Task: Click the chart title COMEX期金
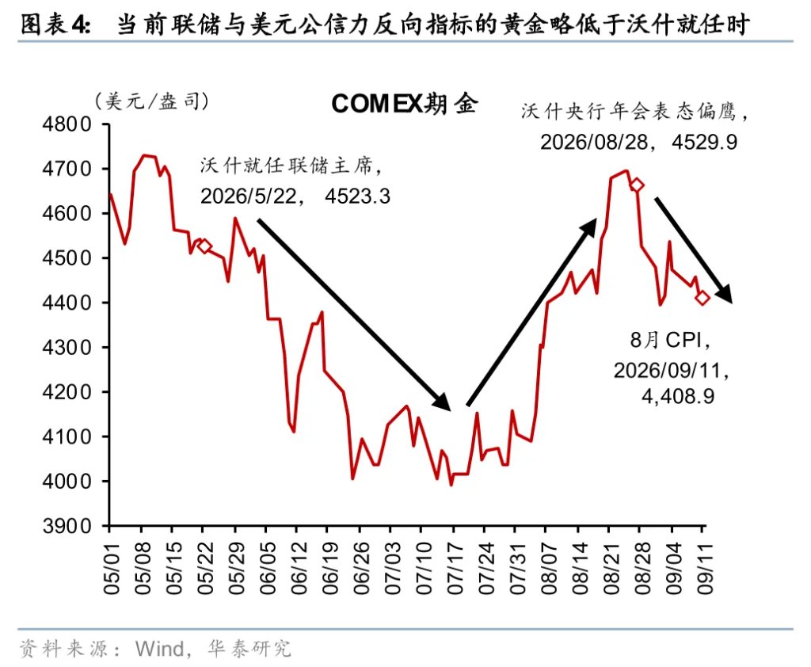(404, 104)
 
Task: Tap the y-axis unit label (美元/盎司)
(151, 101)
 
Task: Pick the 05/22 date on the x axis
(205, 569)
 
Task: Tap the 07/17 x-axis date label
(455, 569)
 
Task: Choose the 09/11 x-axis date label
(704, 569)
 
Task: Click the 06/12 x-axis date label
(299, 569)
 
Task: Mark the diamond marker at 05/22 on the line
(204, 246)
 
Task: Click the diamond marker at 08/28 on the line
(637, 185)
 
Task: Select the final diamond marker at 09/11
(702, 298)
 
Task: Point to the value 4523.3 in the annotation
(357, 196)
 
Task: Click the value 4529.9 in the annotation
(704, 142)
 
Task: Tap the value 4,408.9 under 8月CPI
(678, 396)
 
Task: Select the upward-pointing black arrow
(531, 312)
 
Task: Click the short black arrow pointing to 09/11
(694, 250)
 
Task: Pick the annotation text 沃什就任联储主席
(286, 166)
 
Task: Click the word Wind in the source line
(159, 648)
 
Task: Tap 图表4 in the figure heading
(55, 25)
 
